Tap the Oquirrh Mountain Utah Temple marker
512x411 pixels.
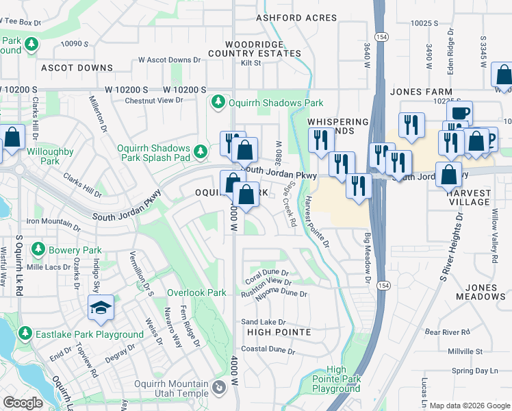219,388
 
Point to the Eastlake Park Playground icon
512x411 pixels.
25,334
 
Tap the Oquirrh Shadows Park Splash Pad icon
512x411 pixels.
200,151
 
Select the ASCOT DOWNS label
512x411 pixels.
77,68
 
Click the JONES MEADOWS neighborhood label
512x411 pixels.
485,292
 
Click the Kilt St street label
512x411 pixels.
251,63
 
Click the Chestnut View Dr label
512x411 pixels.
154,100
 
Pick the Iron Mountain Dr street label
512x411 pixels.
53,221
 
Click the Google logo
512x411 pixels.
23,403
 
